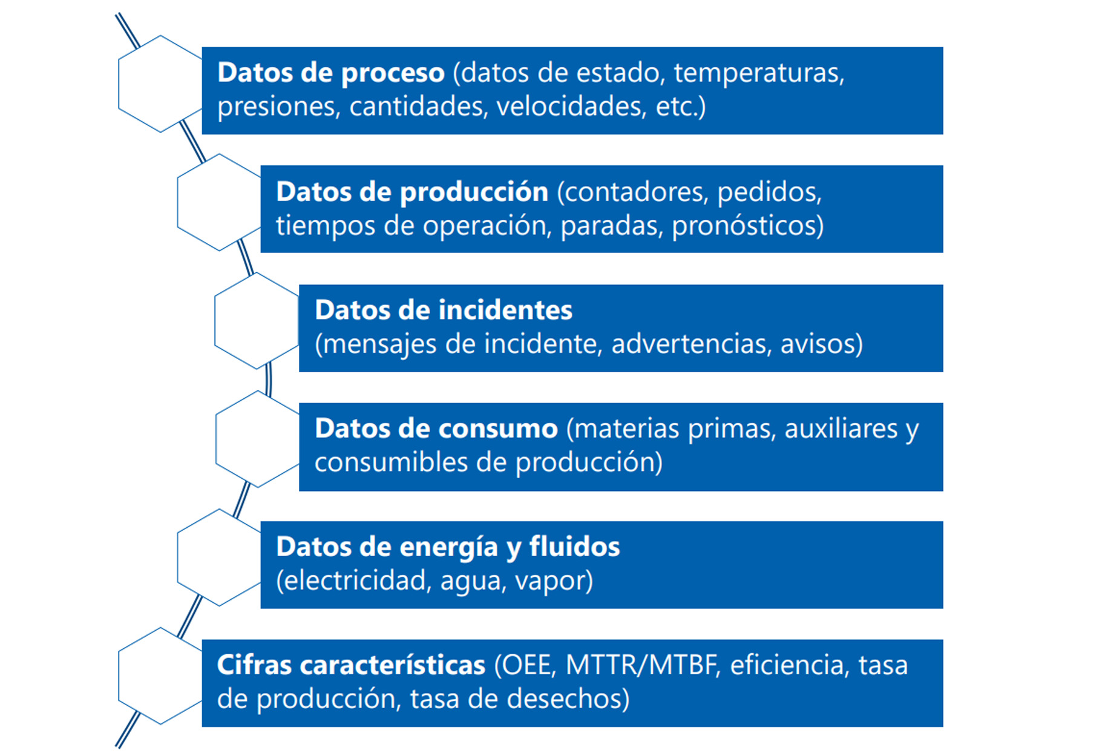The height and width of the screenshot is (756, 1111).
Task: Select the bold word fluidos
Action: (575, 547)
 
